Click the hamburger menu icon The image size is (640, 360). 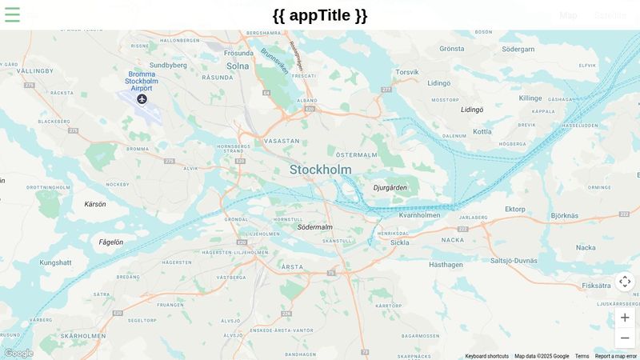(x=12, y=14)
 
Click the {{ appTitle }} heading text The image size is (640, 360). (x=320, y=15)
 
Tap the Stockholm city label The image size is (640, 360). (x=320, y=170)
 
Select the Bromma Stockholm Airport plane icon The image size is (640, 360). (x=142, y=99)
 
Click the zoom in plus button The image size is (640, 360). (x=625, y=318)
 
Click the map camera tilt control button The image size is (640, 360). (x=625, y=282)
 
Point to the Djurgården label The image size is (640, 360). (x=390, y=188)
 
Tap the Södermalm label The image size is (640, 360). (x=314, y=227)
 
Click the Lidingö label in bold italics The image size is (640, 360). (x=472, y=110)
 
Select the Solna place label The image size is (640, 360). (x=238, y=66)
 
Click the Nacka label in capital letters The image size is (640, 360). (x=453, y=239)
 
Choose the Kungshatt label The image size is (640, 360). (x=55, y=262)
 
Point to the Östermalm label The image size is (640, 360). (x=357, y=154)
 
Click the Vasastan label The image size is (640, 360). (x=282, y=140)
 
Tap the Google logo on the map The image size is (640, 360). (x=18, y=353)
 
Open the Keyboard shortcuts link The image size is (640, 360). (x=486, y=356)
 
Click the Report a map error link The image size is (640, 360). (x=616, y=356)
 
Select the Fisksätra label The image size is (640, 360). (x=596, y=286)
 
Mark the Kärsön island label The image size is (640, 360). (x=95, y=204)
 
